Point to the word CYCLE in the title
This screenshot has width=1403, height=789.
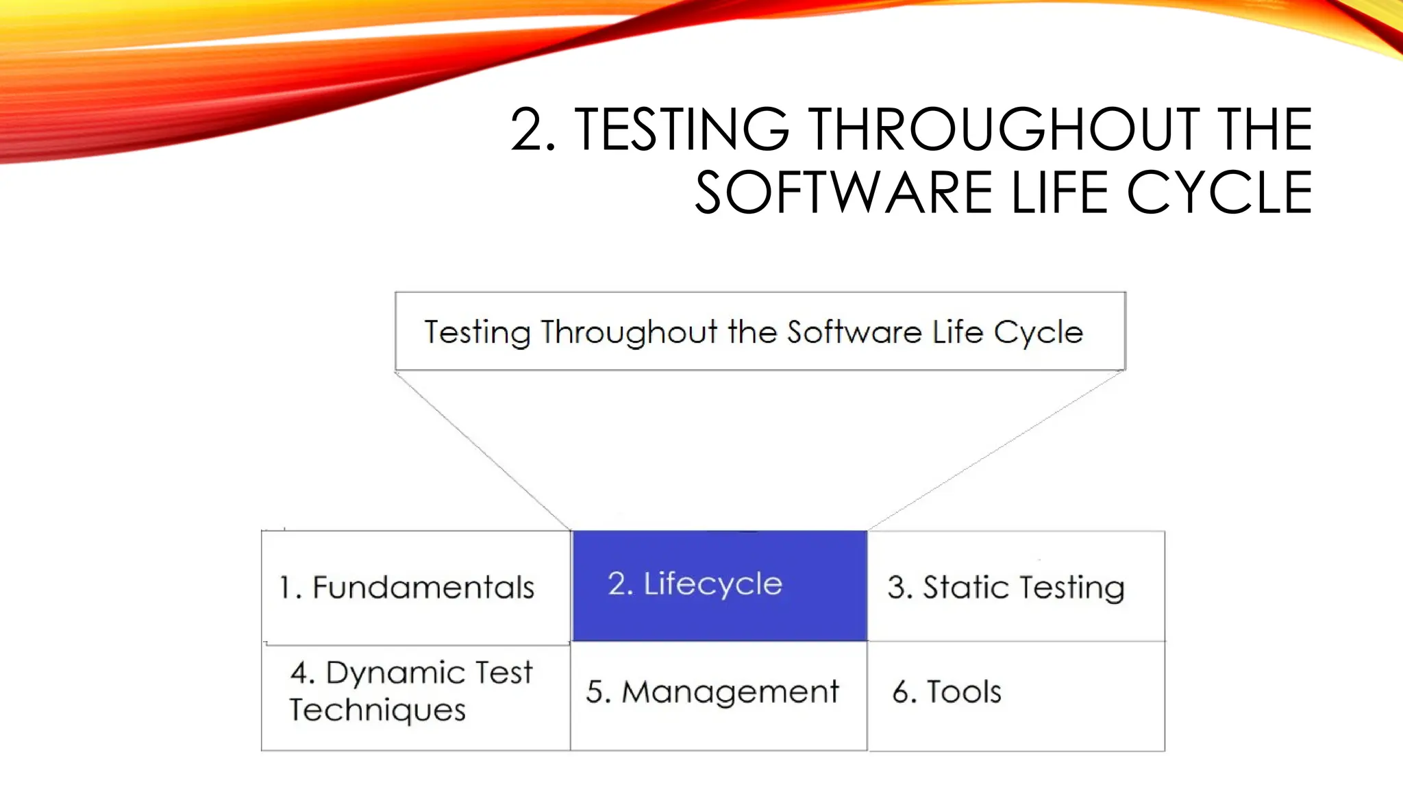coord(1219,193)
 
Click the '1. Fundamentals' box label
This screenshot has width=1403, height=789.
coord(407,588)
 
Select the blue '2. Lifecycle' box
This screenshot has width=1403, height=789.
coord(719,586)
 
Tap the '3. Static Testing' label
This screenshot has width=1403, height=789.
coord(1006,588)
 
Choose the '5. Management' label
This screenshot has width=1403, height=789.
coord(712,692)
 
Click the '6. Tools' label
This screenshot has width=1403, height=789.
coord(947,692)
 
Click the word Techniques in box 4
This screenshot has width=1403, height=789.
coord(377,710)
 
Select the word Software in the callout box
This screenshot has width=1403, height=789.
coord(854,332)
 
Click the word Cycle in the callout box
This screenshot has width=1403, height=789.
coord(1038,334)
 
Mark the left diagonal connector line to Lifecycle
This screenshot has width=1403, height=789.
coord(483,450)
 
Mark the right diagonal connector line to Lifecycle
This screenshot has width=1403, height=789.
coord(997,450)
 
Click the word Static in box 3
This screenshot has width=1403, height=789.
coord(965,588)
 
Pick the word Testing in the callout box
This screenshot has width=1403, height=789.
coord(477,333)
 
